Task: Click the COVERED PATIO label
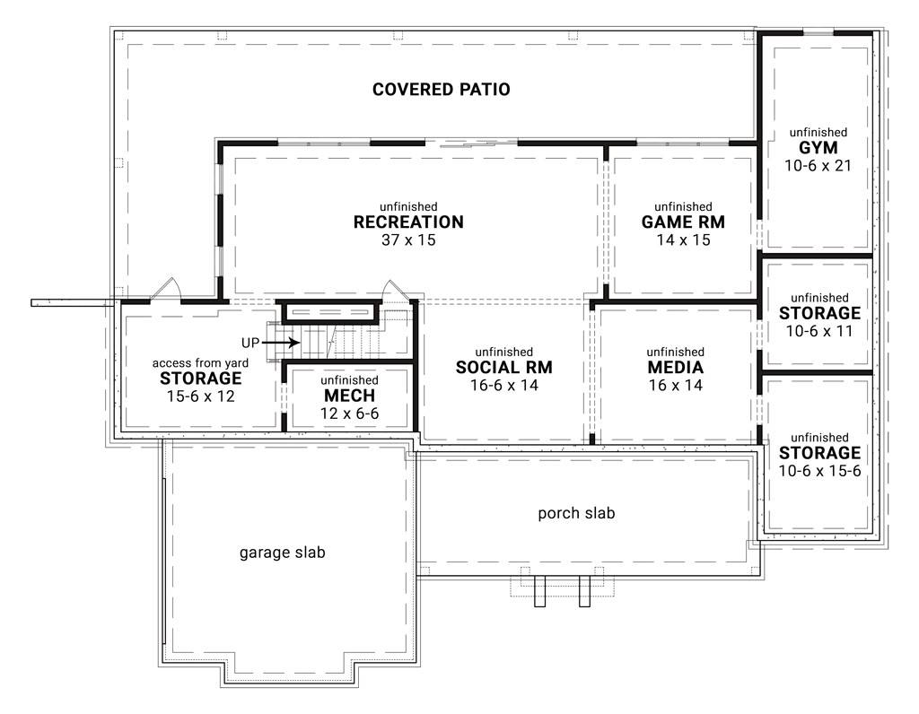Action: coord(441,90)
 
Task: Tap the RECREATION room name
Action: coord(408,222)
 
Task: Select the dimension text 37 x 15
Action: coord(408,239)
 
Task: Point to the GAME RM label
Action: coord(683,222)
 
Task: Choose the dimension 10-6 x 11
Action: coord(819,331)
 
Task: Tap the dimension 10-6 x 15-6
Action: coord(819,470)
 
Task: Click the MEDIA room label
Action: coord(675,368)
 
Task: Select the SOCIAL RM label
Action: coord(503,368)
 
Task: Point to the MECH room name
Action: coord(349,396)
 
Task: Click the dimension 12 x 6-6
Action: coord(349,414)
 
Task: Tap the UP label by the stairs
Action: coord(250,343)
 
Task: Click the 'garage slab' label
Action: coord(282,553)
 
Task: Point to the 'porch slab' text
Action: coord(576,513)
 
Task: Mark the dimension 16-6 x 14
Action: coord(503,385)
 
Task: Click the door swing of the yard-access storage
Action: coord(168,289)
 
